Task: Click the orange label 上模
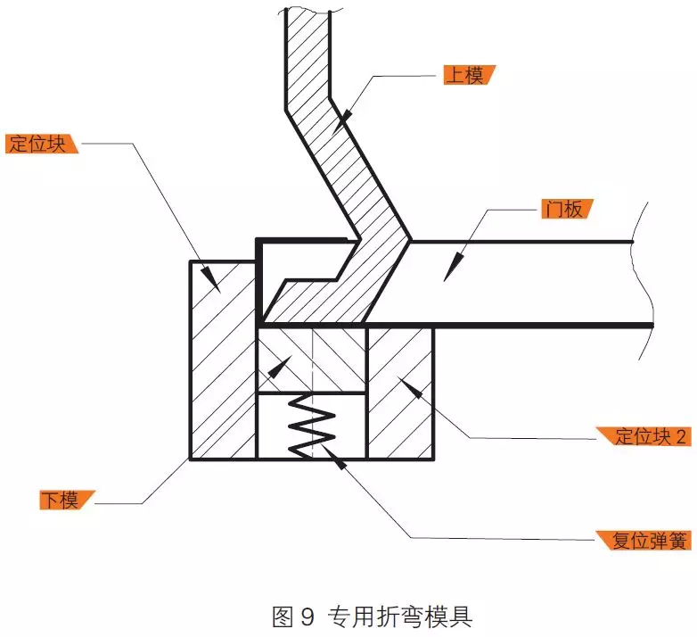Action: pos(469,75)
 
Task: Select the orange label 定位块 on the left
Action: pos(41,144)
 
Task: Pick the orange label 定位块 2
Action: pos(644,436)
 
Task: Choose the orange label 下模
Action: pos(67,500)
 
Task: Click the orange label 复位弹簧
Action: pos(644,541)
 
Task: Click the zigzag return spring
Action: pos(312,426)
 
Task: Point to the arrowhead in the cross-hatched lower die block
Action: pos(279,367)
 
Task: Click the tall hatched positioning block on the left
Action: pos(223,360)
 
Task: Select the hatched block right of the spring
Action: pos(400,393)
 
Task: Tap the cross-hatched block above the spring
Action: pos(312,360)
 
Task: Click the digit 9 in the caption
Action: pos(307,617)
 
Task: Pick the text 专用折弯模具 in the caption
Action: pos(399,617)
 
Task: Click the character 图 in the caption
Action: pos(283,617)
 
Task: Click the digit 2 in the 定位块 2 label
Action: pos(681,437)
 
